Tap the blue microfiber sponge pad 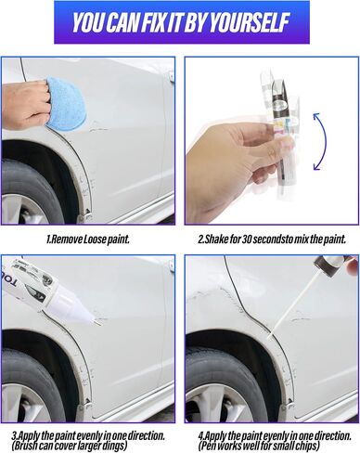pos(65,103)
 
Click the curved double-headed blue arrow pos(320,141)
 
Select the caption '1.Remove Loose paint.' pos(87,239)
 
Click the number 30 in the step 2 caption pos(247,239)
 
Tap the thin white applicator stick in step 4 pos(293,304)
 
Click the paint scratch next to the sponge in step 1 pos(97,128)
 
